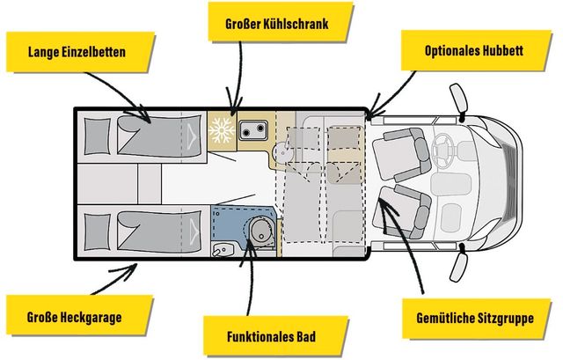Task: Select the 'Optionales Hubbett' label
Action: click(473, 52)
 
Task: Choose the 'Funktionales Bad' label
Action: click(271, 335)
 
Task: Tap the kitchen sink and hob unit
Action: click(251, 129)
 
